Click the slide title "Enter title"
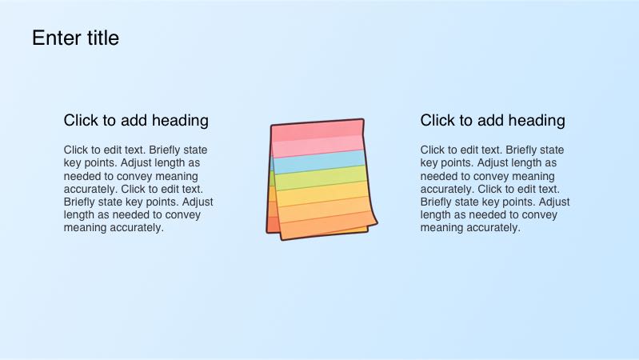click(75, 38)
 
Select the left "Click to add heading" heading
click(136, 121)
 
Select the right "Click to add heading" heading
click(493, 121)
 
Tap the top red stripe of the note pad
click(318, 131)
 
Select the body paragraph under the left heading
click(138, 189)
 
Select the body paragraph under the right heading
click(495, 189)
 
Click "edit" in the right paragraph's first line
click(476, 150)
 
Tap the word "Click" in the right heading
click(436, 121)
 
